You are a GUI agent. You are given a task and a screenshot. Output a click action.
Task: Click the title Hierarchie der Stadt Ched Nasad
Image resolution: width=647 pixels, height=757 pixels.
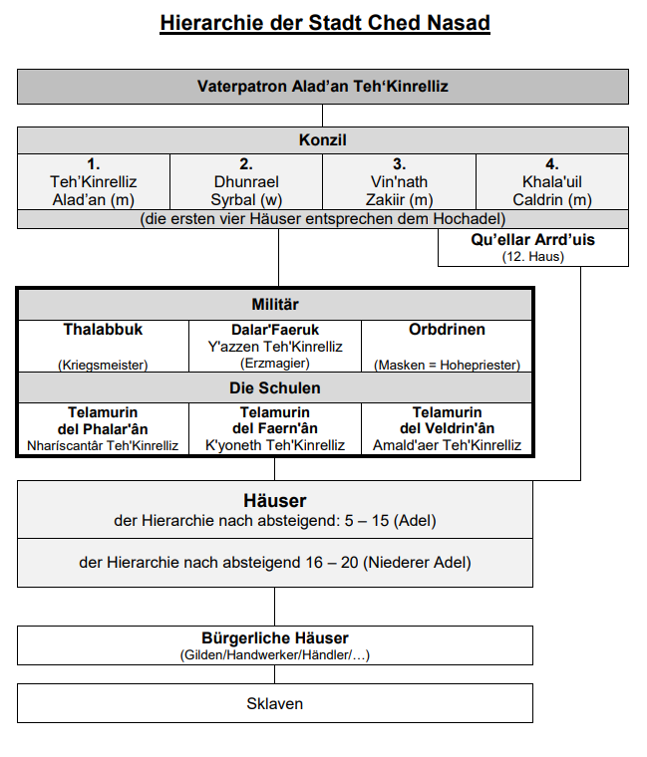tap(324, 22)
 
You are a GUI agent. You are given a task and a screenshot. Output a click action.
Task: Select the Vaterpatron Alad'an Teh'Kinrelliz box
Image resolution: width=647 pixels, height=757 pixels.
tap(323, 87)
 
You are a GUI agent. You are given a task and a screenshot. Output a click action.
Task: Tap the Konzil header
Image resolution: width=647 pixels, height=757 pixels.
tap(323, 140)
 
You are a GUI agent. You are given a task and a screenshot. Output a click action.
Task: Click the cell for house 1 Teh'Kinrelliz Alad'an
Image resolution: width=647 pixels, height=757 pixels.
tap(94, 182)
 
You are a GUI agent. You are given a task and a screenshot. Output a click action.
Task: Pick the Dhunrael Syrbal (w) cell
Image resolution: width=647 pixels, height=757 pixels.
tap(246, 182)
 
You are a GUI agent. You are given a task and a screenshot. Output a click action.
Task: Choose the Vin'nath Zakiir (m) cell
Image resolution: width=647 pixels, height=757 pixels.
tap(399, 182)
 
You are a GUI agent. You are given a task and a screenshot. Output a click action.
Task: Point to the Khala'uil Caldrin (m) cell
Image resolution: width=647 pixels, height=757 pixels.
tap(552, 182)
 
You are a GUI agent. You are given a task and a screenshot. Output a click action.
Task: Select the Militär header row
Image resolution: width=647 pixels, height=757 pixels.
tap(274, 304)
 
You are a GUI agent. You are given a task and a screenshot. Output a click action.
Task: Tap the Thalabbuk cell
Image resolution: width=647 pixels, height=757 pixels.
tap(104, 346)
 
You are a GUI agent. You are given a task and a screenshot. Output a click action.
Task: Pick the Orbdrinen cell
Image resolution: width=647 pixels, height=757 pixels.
tap(447, 346)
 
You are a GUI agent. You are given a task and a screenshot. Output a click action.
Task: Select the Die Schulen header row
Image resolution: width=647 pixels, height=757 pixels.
tap(274, 387)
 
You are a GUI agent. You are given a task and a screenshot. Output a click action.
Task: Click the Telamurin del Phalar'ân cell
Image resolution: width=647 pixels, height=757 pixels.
tap(104, 428)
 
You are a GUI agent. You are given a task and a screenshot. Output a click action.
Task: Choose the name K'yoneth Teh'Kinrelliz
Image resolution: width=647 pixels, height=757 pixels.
tap(275, 445)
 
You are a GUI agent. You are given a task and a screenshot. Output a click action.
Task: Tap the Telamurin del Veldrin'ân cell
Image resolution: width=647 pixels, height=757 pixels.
tap(447, 428)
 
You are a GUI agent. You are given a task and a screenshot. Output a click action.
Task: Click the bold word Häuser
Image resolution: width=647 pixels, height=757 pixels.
tap(275, 500)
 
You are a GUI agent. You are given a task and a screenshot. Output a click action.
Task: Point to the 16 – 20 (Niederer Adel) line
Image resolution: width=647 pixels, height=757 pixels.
tap(275, 563)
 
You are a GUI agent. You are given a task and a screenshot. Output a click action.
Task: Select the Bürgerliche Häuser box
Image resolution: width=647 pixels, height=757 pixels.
tap(275, 645)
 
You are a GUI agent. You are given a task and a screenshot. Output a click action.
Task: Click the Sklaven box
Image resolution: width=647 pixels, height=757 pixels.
tap(275, 703)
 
